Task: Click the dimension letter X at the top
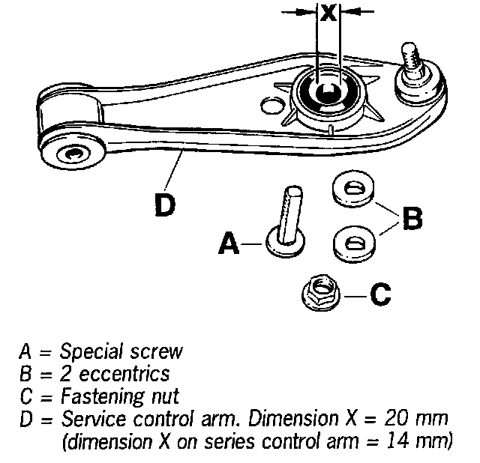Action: (x=328, y=13)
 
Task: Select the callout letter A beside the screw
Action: (x=229, y=244)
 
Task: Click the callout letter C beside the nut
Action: (x=381, y=294)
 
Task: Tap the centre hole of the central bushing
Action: (x=327, y=92)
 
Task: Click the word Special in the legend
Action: (x=83, y=351)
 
